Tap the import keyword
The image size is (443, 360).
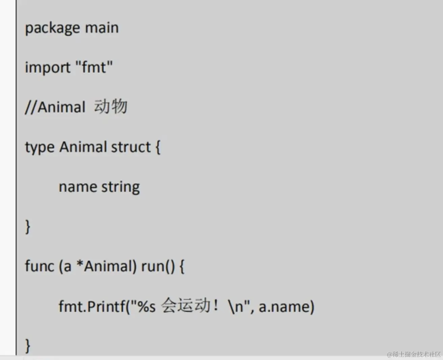point(48,67)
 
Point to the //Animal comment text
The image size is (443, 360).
point(55,107)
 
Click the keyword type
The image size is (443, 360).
point(39,147)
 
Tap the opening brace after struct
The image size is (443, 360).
point(158,147)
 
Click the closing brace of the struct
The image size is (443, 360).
point(28,227)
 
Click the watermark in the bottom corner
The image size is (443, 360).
point(414,354)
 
